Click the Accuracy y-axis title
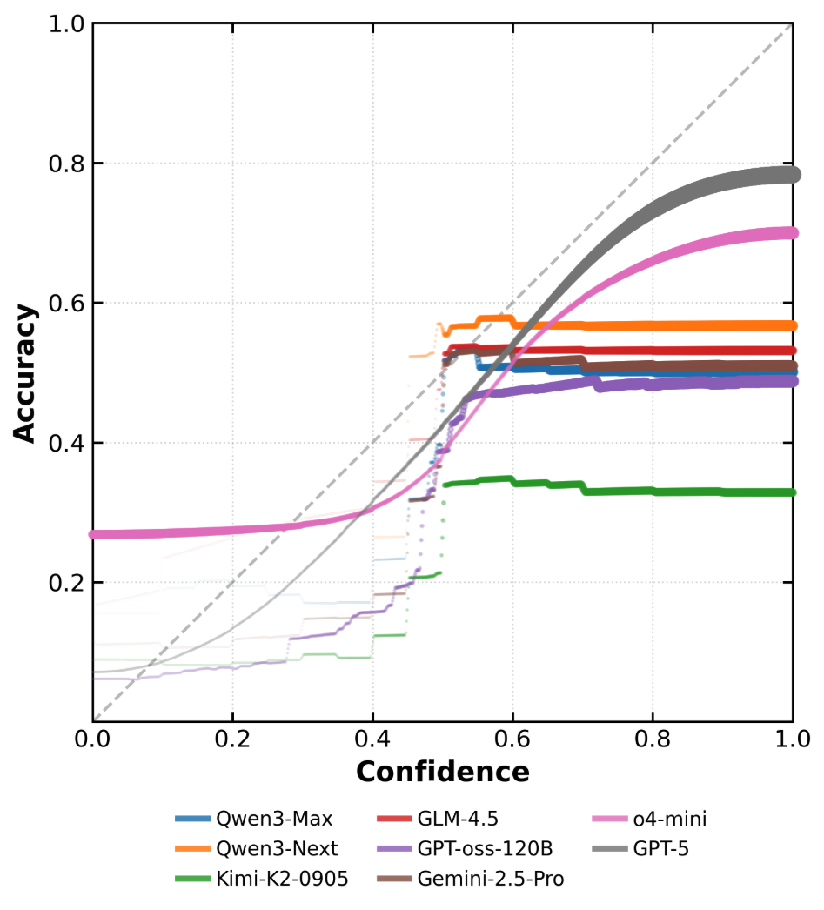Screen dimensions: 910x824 pyautogui.click(x=26, y=372)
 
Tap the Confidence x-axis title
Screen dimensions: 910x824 pyautogui.click(x=442, y=772)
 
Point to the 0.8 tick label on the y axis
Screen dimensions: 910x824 pyautogui.click(x=62, y=164)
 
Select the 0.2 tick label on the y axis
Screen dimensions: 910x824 pyautogui.click(x=62, y=582)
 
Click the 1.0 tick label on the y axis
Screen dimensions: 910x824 pyautogui.click(x=62, y=24)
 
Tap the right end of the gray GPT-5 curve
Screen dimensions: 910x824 pyautogui.click(x=792, y=175)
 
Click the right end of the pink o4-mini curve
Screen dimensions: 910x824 pyautogui.click(x=792, y=233)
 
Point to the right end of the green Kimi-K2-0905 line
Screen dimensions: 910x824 pyautogui.click(x=792, y=492)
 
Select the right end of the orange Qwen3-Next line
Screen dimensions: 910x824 pyautogui.click(x=792, y=325)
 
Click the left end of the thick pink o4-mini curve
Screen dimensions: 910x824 pyautogui.click(x=94, y=534)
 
